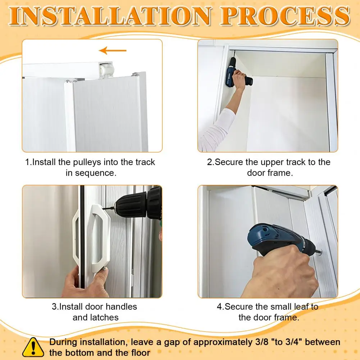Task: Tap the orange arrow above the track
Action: coord(113,50)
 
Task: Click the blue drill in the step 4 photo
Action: coord(280,240)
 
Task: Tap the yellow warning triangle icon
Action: coord(33,347)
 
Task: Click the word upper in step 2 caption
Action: coord(272,162)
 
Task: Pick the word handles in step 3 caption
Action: coord(121,307)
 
